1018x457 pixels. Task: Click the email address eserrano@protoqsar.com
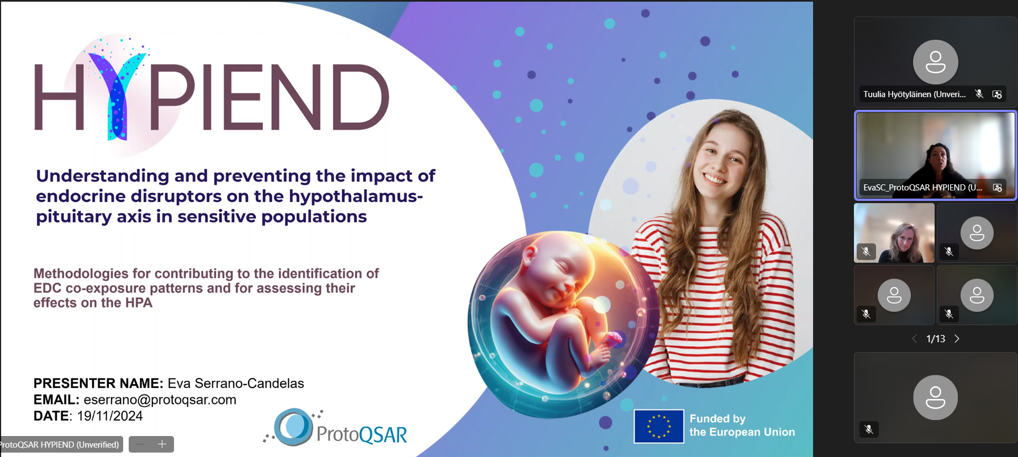160,400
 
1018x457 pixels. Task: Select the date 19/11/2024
110,416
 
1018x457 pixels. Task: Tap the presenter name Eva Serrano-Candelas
236,383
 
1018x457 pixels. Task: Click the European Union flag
658,426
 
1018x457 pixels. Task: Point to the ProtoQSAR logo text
362,435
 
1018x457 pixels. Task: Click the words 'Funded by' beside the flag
718,419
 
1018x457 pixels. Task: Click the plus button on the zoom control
162,444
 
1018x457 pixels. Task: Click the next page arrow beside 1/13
957,339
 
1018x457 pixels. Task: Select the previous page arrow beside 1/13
914,339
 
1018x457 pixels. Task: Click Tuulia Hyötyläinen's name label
915,94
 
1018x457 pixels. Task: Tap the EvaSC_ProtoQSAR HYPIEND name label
922,188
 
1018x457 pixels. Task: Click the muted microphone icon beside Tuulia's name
979,94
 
